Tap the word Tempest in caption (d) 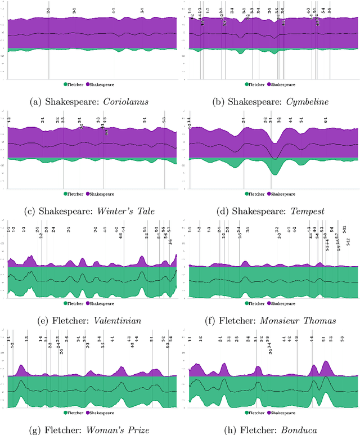(x=310, y=210)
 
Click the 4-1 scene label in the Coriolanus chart (x=114, y=11)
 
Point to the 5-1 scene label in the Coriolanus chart (x=142, y=11)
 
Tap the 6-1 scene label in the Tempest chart (x=325, y=120)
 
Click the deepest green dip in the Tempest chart (x=274, y=173)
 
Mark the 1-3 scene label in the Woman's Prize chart (x=26, y=339)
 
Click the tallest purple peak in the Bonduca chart (x=325, y=361)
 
